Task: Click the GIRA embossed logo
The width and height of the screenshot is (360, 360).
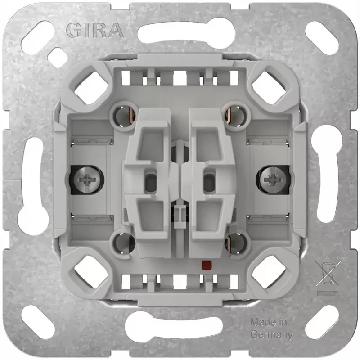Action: coord(95,30)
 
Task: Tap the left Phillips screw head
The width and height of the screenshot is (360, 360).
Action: coord(87,180)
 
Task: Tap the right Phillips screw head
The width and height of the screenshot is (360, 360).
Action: coord(272,180)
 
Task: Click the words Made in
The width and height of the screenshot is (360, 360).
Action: coord(268,322)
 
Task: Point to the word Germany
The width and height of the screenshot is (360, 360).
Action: coord(272,334)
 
